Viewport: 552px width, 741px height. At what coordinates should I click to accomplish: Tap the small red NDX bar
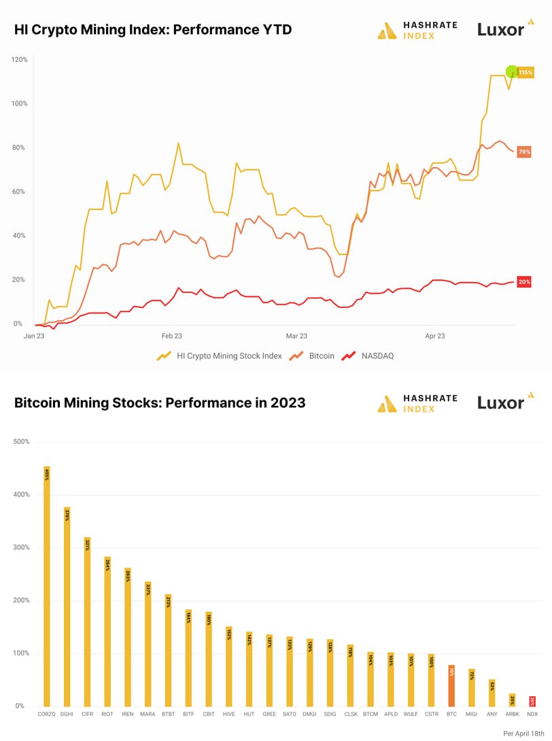click(532, 702)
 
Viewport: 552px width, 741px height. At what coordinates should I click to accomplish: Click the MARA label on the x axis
click(148, 714)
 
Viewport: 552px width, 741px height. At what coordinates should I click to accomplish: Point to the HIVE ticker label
click(229, 714)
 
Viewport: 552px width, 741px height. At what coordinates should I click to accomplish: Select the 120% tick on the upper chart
click(19, 60)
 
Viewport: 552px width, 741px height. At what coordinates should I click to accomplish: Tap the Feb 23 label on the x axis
click(171, 336)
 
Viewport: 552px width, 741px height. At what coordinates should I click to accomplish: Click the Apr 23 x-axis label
click(435, 336)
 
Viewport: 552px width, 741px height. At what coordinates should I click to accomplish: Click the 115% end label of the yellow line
click(525, 72)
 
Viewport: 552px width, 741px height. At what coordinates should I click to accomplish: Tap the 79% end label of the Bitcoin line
click(524, 152)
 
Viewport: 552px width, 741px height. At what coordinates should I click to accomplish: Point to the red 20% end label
click(524, 281)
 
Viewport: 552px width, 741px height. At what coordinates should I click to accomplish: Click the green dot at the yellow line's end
click(513, 71)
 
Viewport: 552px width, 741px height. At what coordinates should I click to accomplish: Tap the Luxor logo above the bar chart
click(501, 402)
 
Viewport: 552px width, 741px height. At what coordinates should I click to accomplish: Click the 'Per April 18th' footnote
click(523, 734)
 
